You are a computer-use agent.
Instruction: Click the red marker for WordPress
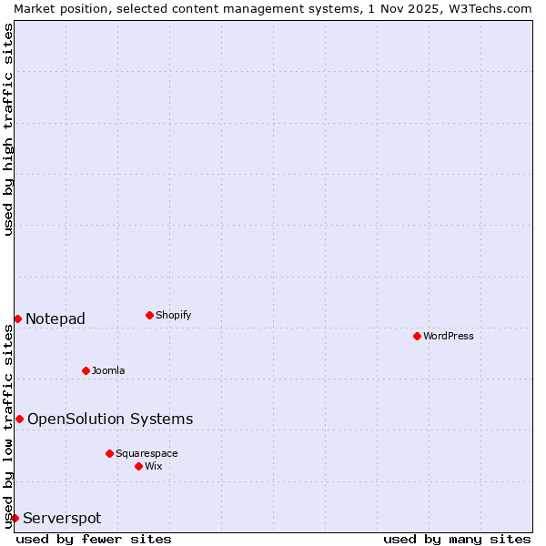[x=417, y=336]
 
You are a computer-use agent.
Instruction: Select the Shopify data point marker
[x=149, y=315]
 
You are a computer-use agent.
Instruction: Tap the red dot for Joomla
[x=86, y=370]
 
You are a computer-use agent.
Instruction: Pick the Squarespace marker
[x=109, y=453]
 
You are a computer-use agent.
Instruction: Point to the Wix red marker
[x=138, y=466]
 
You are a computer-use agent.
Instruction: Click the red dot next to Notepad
[x=17, y=318]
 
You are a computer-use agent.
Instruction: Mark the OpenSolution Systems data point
[x=19, y=419]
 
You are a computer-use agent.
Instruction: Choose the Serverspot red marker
[x=15, y=518]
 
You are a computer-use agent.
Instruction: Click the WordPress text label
[x=449, y=336]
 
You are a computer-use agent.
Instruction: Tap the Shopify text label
[x=174, y=315]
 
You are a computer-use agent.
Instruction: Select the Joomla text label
[x=108, y=370]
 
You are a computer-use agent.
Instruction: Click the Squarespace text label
[x=147, y=453]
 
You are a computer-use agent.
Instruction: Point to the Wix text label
[x=154, y=466]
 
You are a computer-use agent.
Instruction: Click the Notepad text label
[x=56, y=318]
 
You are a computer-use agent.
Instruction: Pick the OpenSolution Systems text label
[x=110, y=419]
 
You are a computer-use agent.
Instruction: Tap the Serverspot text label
[x=62, y=518]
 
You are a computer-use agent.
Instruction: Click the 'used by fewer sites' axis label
[x=94, y=539]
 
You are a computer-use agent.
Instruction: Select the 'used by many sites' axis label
[x=457, y=539]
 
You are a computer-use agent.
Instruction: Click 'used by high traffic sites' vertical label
[x=8, y=129]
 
